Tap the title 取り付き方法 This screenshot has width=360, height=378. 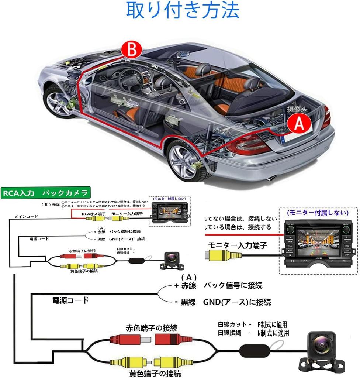point(182,11)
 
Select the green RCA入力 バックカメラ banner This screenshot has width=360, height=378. point(45,193)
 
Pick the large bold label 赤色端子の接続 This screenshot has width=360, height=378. point(151,328)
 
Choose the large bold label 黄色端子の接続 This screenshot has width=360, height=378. point(155,373)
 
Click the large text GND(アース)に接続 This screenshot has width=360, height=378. point(237,302)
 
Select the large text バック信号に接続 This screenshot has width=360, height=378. point(233,285)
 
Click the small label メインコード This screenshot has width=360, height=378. point(26,217)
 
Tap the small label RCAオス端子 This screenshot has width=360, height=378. point(93,214)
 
